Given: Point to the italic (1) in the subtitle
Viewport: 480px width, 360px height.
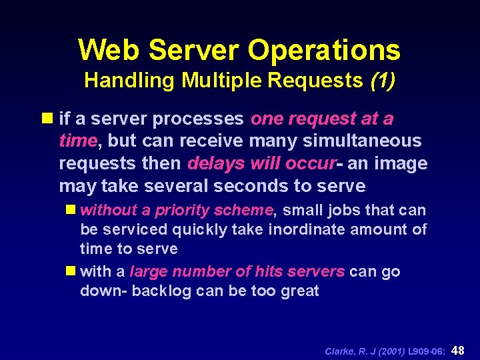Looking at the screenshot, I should point(381,81).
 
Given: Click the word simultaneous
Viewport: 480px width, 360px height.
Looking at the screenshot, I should point(363,141).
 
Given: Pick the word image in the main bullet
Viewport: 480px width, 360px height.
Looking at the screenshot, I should point(403,163).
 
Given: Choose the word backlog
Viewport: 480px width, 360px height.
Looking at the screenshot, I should point(162,291).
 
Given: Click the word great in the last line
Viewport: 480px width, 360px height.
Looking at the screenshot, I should point(301,291).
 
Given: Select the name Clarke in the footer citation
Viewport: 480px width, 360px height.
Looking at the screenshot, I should point(339,351).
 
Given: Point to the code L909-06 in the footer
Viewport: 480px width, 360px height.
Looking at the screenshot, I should point(423,351).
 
